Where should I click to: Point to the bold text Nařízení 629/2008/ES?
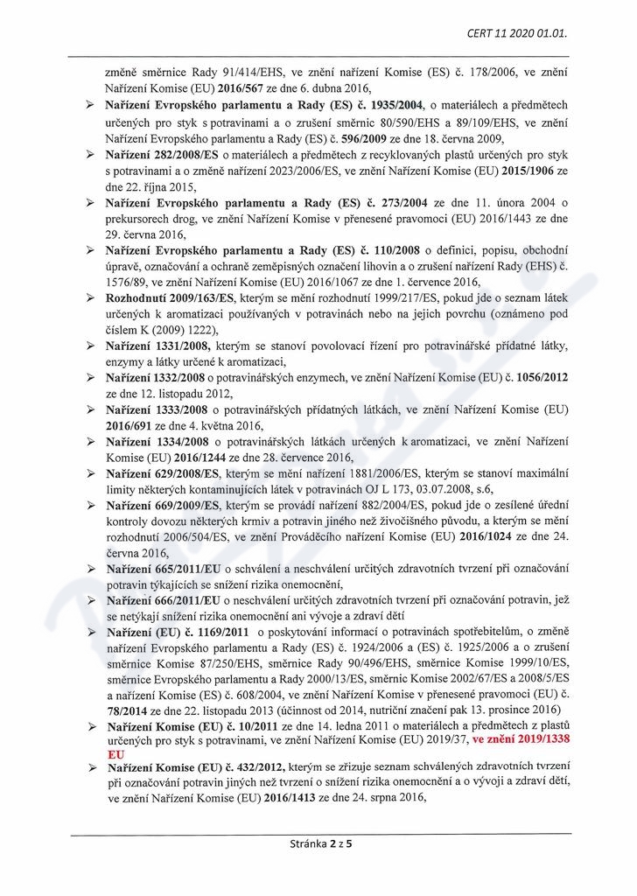point(162,474)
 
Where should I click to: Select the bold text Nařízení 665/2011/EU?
point(162,570)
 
